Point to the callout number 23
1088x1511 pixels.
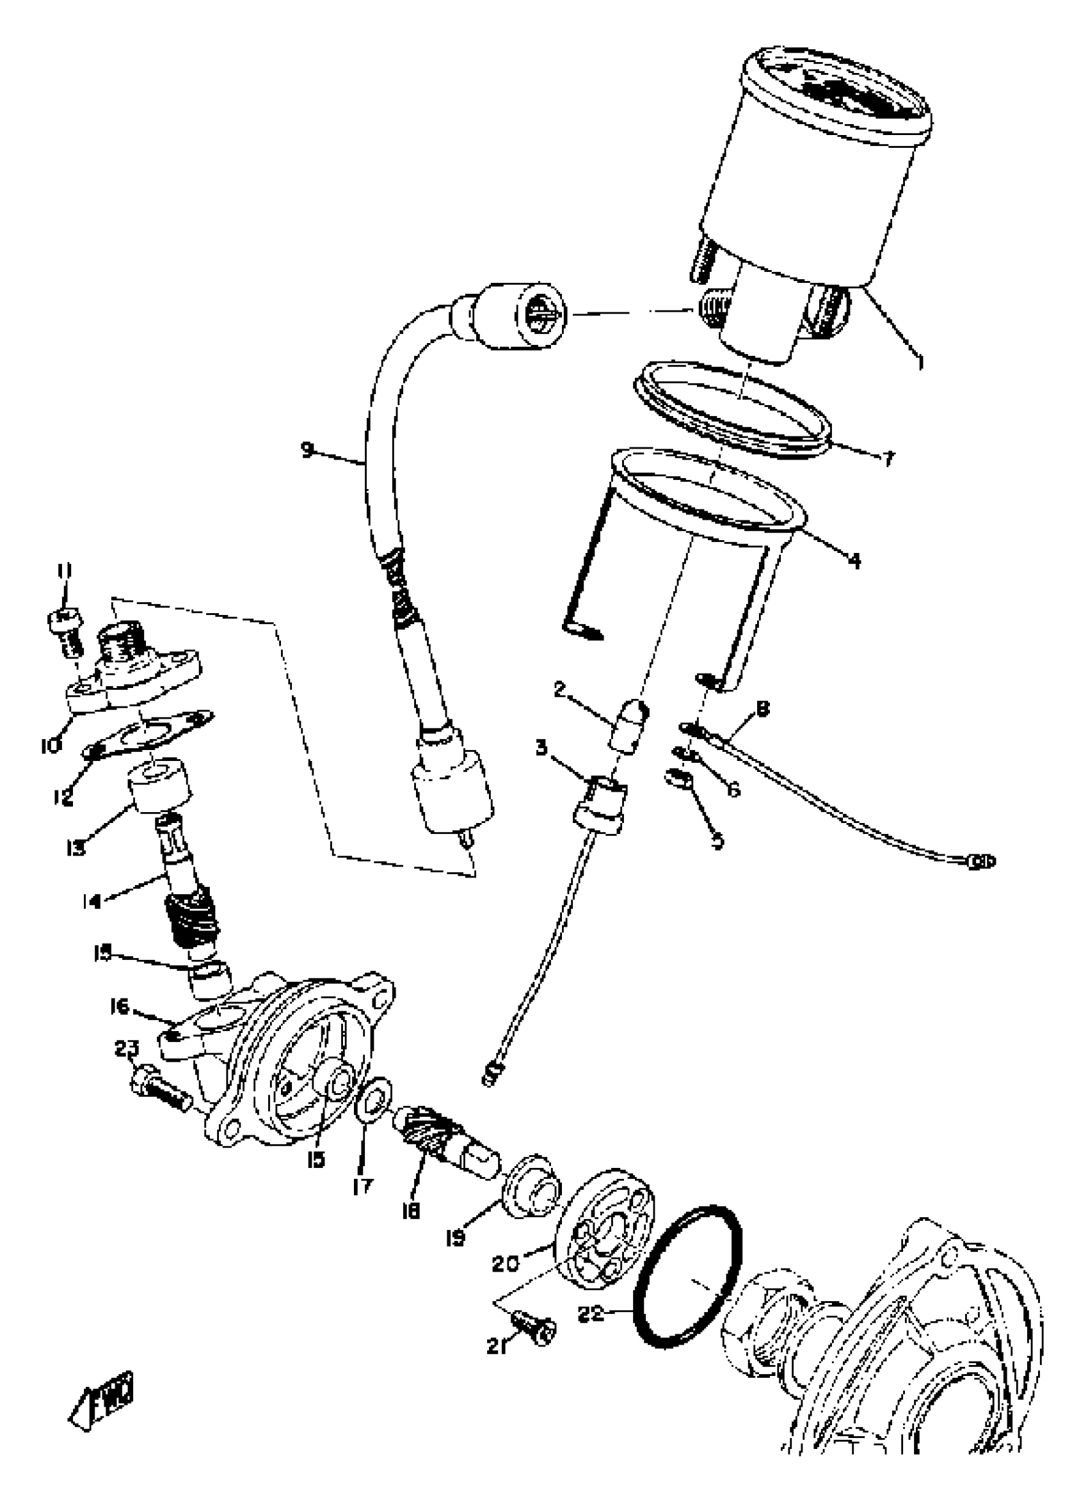(x=127, y=1049)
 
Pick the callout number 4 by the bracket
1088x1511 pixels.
(x=854, y=561)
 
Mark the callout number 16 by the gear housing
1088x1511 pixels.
(x=119, y=1005)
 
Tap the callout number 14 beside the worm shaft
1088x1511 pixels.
(x=92, y=901)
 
